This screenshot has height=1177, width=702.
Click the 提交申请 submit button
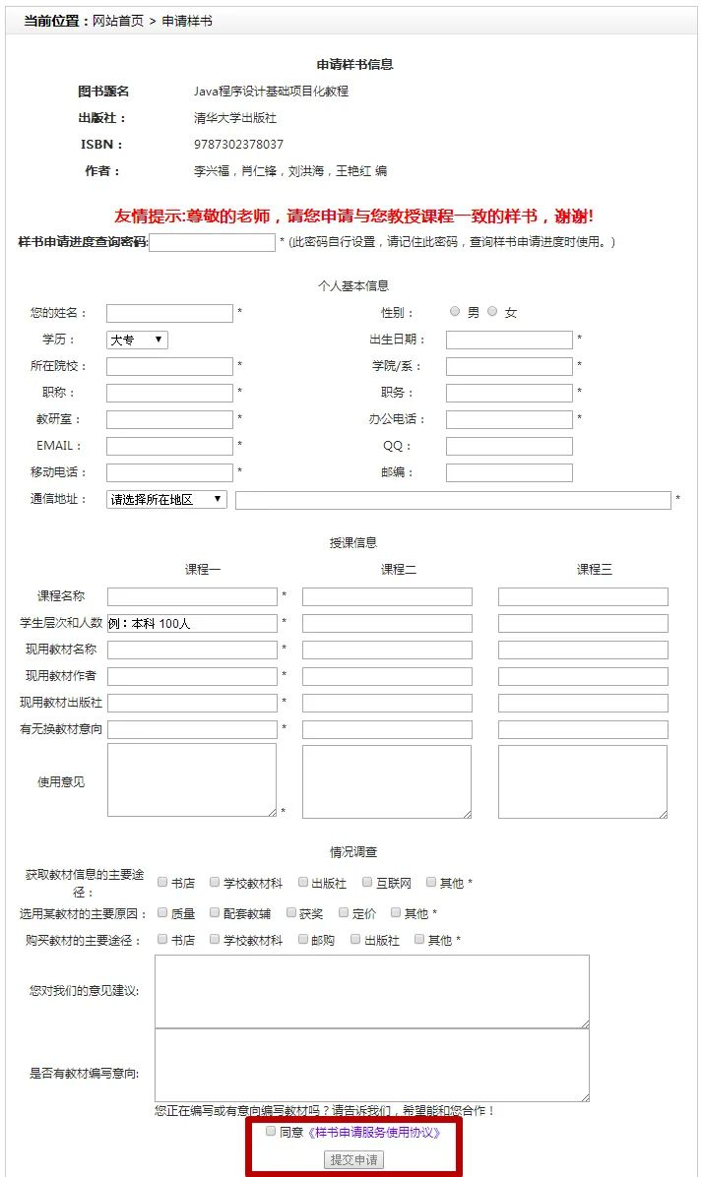tap(353, 1160)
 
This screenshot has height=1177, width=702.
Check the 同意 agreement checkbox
tap(271, 1132)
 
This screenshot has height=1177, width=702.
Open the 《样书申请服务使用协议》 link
tap(374, 1133)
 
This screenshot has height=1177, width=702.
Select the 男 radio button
tap(454, 311)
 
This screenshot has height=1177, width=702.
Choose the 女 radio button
tap(492, 311)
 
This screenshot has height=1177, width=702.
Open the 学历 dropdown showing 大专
tap(137, 340)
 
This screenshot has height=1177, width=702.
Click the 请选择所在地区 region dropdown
tap(166, 499)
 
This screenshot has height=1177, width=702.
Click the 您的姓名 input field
tap(169, 313)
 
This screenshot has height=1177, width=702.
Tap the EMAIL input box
tap(169, 446)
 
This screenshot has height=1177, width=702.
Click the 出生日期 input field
tap(509, 340)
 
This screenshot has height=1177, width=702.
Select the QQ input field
tap(509, 446)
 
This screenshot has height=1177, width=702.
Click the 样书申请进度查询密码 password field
tap(212, 242)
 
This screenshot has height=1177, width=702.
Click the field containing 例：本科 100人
tap(192, 623)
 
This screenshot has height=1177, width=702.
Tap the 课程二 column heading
tap(399, 570)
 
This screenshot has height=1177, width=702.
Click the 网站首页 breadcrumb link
tap(117, 21)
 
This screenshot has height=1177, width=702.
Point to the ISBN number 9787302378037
tap(238, 145)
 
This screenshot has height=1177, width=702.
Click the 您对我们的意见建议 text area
tap(371, 991)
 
